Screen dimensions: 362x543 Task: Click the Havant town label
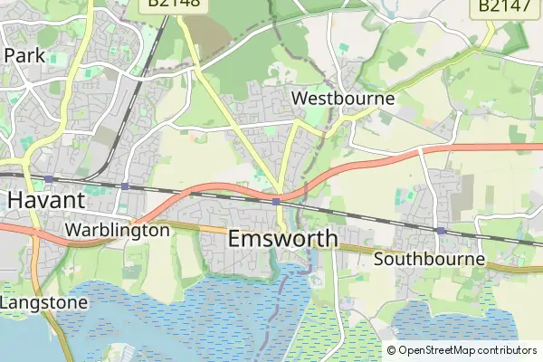tap(46, 199)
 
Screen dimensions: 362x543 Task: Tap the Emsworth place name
tap(282, 239)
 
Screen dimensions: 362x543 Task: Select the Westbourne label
tap(343, 98)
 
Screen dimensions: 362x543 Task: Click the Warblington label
tap(117, 230)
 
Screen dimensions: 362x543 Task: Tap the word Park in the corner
tap(24, 55)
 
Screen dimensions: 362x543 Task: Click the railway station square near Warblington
tap(125, 187)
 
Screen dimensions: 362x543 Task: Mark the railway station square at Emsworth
tap(275, 202)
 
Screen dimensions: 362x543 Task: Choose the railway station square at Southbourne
tap(440, 231)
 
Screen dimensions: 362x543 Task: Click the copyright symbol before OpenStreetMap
tap(392, 350)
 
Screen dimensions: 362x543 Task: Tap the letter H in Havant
tap(15, 199)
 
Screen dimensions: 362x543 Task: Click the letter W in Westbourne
tap(299, 98)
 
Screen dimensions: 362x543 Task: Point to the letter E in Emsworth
tap(236, 239)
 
